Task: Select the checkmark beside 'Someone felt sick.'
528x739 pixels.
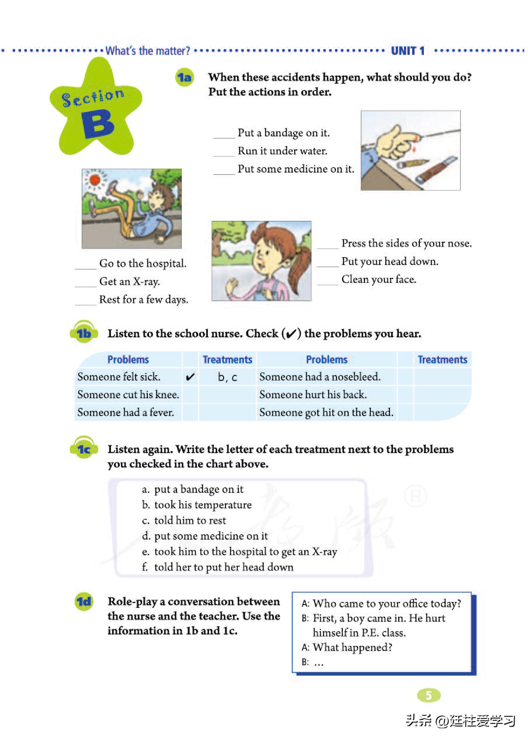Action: [190, 377]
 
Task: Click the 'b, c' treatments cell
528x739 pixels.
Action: [228, 377]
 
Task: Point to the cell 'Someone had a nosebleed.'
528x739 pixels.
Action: [320, 377]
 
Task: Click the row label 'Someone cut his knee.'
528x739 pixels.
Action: [128, 395]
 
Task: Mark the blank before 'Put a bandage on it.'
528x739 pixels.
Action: [224, 133]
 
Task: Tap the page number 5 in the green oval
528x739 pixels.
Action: [429, 695]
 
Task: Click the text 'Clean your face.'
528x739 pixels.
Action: [379, 279]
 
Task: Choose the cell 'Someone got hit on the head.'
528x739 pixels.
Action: [326, 413]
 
